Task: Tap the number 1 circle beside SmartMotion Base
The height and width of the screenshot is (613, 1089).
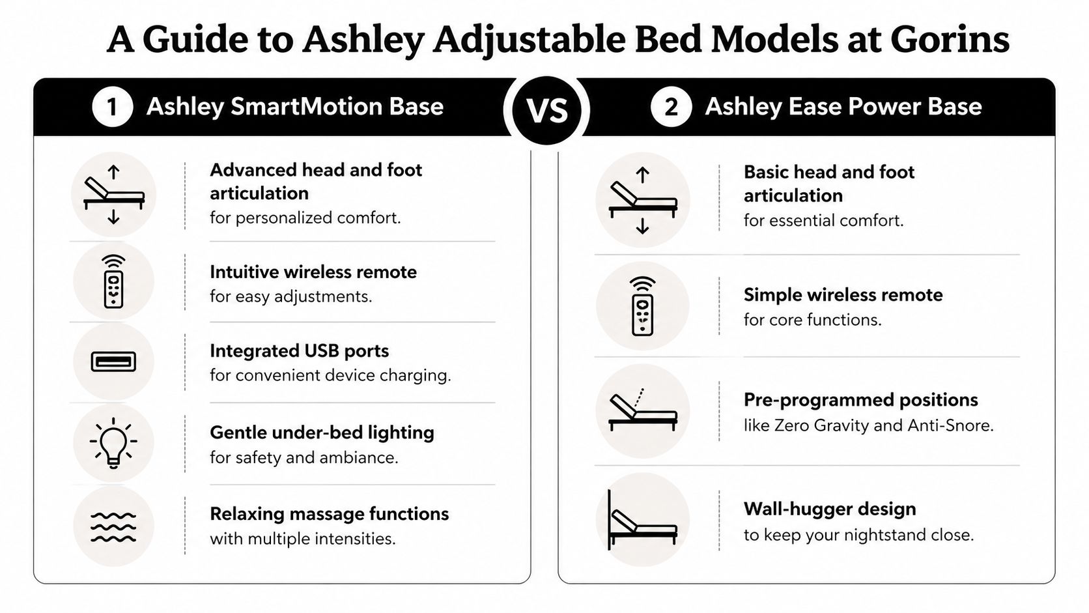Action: coord(112,107)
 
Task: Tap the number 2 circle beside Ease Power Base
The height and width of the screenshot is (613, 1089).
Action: coord(670,107)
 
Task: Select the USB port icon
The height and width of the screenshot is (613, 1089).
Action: coord(113,362)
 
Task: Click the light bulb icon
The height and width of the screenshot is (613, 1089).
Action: coord(113,443)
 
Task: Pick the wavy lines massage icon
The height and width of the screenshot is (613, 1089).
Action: coord(113,526)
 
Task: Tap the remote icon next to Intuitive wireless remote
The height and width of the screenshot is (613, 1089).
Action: coord(113,282)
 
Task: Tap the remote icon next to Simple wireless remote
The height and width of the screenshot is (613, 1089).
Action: coord(642,306)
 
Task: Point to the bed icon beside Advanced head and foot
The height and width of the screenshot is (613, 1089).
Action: coord(113,195)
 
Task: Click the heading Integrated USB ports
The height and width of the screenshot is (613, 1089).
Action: coord(299,351)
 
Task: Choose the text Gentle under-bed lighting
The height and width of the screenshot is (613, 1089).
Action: coord(322,433)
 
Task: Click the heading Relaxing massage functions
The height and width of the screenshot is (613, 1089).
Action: coord(329,514)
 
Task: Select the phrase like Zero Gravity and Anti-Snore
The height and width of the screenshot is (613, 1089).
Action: coord(868,425)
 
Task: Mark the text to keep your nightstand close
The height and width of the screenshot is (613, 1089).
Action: coord(858,535)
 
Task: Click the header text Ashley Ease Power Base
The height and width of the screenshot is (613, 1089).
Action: coord(843,107)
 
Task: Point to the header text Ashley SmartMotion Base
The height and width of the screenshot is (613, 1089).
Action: coord(294,107)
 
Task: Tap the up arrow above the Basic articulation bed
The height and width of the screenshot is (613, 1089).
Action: coord(642,175)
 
